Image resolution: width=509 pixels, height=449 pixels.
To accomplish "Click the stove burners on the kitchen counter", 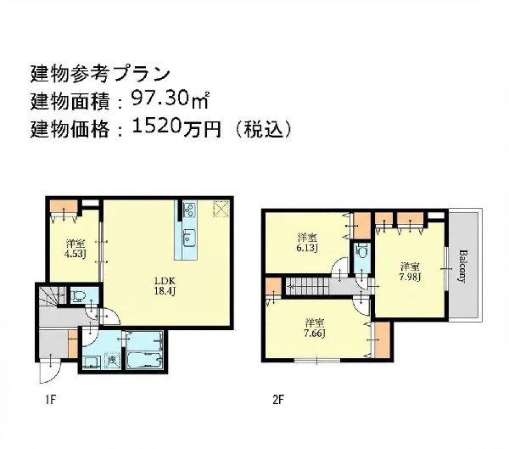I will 187,210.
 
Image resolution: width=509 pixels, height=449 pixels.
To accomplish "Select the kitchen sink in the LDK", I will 188,237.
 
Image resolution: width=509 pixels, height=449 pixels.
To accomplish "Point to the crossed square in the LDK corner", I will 221,209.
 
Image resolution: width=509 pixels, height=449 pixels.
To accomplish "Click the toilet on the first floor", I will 78,296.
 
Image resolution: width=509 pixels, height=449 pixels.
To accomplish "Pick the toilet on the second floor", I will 362,254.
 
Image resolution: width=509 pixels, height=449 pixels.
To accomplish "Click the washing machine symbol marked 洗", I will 111,362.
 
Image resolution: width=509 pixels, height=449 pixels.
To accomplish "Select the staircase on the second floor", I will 310,288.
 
